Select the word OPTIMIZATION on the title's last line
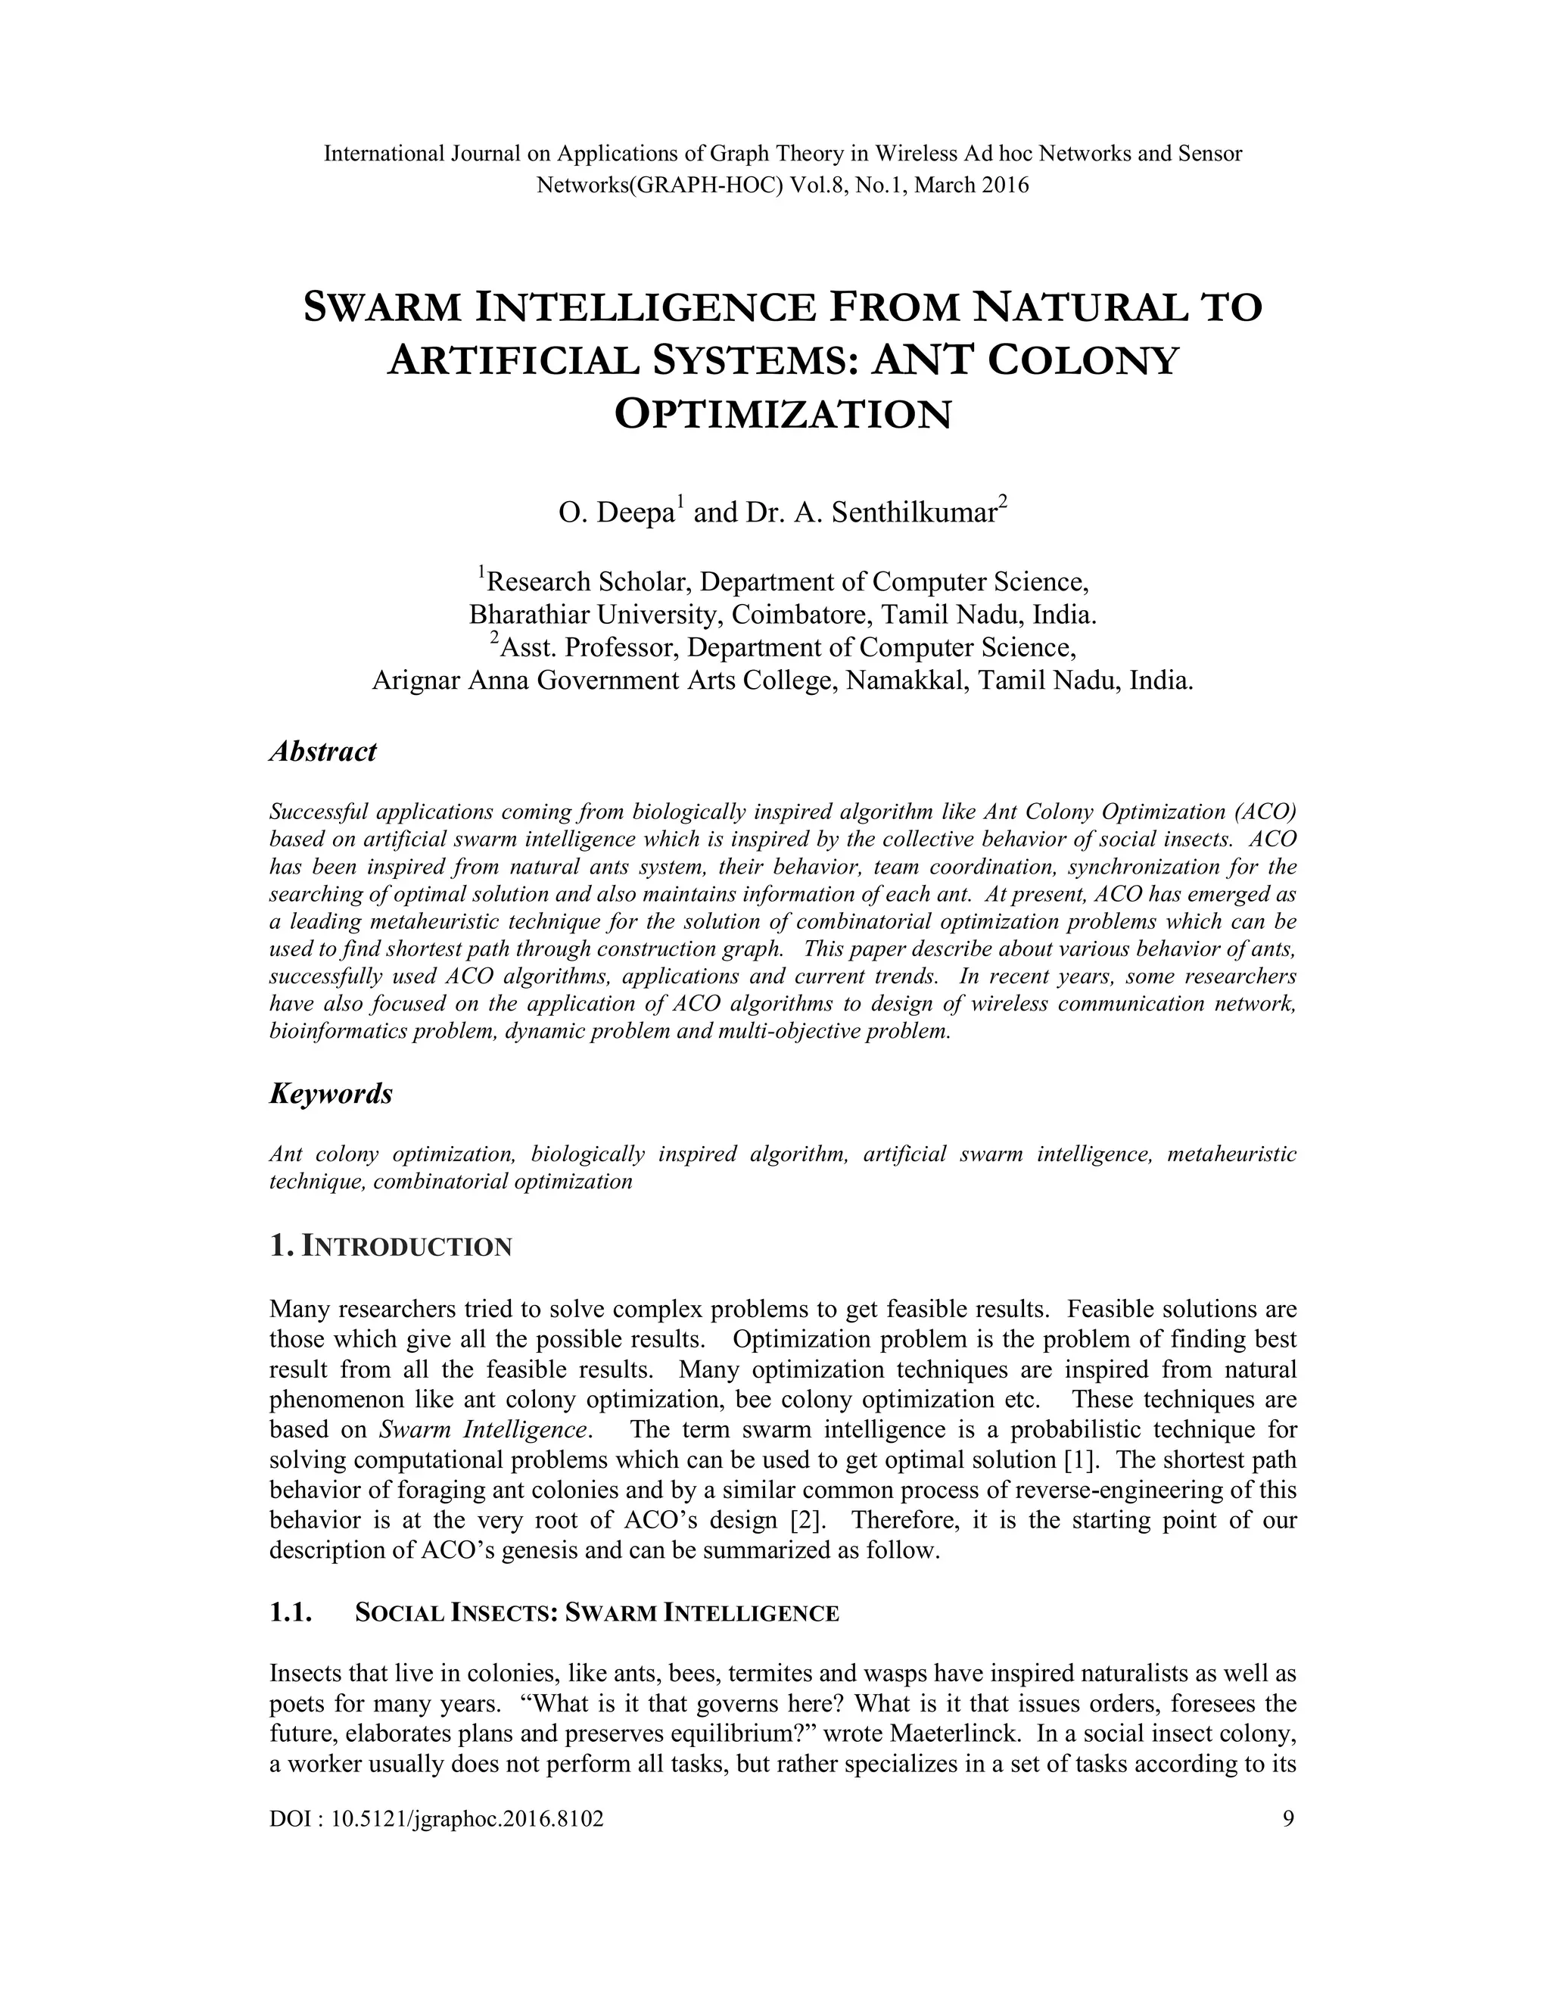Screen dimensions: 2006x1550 [x=783, y=415]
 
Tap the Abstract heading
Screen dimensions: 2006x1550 [x=322, y=752]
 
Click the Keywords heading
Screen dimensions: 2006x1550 [x=331, y=1094]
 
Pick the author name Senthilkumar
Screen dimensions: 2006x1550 [x=914, y=512]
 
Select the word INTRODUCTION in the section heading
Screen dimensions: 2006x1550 [x=406, y=1248]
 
